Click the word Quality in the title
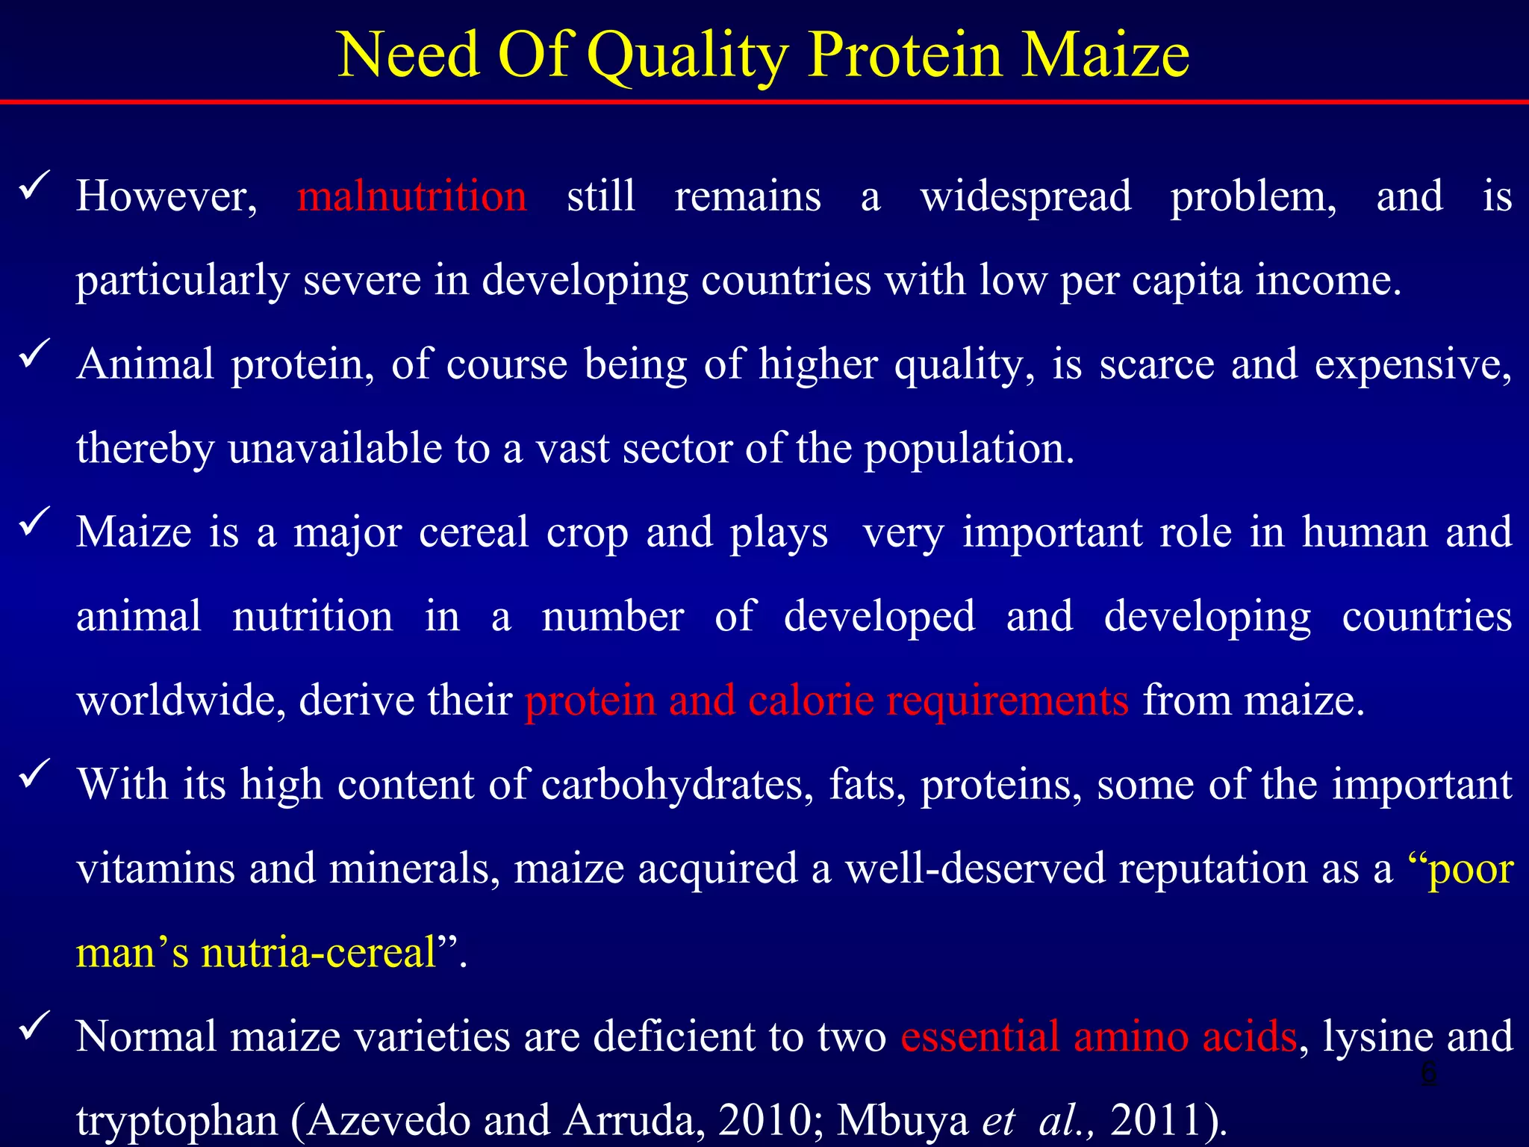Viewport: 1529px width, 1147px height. [x=688, y=56]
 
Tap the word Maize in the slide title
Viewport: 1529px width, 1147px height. [x=1104, y=56]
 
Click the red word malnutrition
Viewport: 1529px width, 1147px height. [x=411, y=196]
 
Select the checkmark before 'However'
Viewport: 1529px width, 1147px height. [x=34, y=184]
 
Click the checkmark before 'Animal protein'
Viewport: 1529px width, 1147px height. [x=34, y=352]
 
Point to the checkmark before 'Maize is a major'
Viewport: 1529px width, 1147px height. [x=34, y=520]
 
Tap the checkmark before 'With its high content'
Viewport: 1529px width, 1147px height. [x=34, y=773]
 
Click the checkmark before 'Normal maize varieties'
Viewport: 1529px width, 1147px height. [x=34, y=1025]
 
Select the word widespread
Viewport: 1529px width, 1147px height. [x=1025, y=196]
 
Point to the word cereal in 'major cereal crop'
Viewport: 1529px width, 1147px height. [x=473, y=532]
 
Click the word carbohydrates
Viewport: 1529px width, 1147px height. [x=676, y=786]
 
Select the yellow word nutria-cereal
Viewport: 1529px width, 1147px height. [x=318, y=953]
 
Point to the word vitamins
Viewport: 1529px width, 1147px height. [x=155, y=868]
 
